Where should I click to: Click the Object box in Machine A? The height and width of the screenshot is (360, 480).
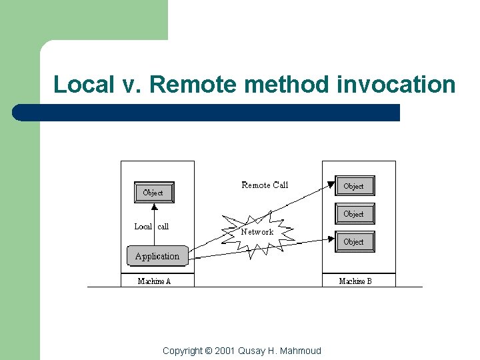point(153,193)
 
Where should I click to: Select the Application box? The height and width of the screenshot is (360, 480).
point(157,256)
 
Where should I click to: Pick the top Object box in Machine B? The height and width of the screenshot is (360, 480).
point(354,186)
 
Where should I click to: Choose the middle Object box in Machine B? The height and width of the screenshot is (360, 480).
point(354,214)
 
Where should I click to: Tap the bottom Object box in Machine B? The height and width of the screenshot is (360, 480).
point(354,241)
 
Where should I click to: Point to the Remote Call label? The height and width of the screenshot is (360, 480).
point(265,185)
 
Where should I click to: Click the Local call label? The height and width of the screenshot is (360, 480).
point(151,227)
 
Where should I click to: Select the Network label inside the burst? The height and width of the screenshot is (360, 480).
point(257,232)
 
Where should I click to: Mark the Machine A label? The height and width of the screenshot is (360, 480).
point(154,281)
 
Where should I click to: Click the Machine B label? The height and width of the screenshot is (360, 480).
point(355,281)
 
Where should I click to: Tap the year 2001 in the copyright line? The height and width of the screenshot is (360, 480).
point(226,351)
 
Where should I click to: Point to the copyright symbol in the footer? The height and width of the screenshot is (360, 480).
point(208,351)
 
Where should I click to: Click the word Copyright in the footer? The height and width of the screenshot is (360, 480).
point(182,351)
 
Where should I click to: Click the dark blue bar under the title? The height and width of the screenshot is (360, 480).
point(207,113)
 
